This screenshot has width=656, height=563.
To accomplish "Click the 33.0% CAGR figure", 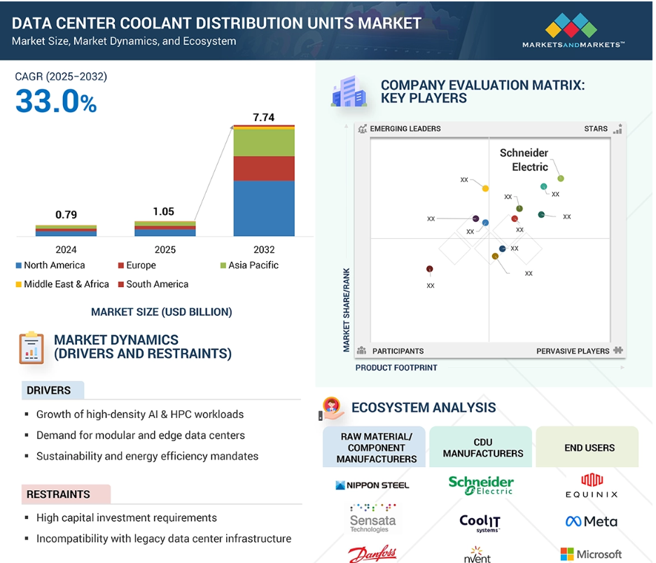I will click(x=56, y=102).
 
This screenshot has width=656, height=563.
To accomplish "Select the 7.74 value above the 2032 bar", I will click(x=263, y=118).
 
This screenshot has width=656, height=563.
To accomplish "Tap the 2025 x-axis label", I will click(x=165, y=249).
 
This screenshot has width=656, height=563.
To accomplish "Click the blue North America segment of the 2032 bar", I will click(x=263, y=208).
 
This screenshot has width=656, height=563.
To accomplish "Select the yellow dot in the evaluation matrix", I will click(x=485, y=188).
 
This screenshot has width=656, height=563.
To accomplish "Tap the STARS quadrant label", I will click(x=596, y=129).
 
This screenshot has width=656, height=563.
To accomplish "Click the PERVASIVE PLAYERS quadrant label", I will click(x=573, y=351).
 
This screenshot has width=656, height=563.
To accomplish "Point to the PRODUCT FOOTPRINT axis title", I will click(x=396, y=368).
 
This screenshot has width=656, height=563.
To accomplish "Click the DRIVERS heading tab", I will click(x=49, y=390).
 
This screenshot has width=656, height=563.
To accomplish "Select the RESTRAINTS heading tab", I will click(x=58, y=494).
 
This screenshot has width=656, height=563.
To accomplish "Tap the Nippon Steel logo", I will click(x=372, y=485).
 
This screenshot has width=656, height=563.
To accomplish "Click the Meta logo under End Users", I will click(x=591, y=521).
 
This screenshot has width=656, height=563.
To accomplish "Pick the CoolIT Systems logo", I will click(x=480, y=522).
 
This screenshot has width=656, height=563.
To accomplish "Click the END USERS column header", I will click(x=589, y=447).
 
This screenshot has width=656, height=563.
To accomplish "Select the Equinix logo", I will click(x=592, y=485).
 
